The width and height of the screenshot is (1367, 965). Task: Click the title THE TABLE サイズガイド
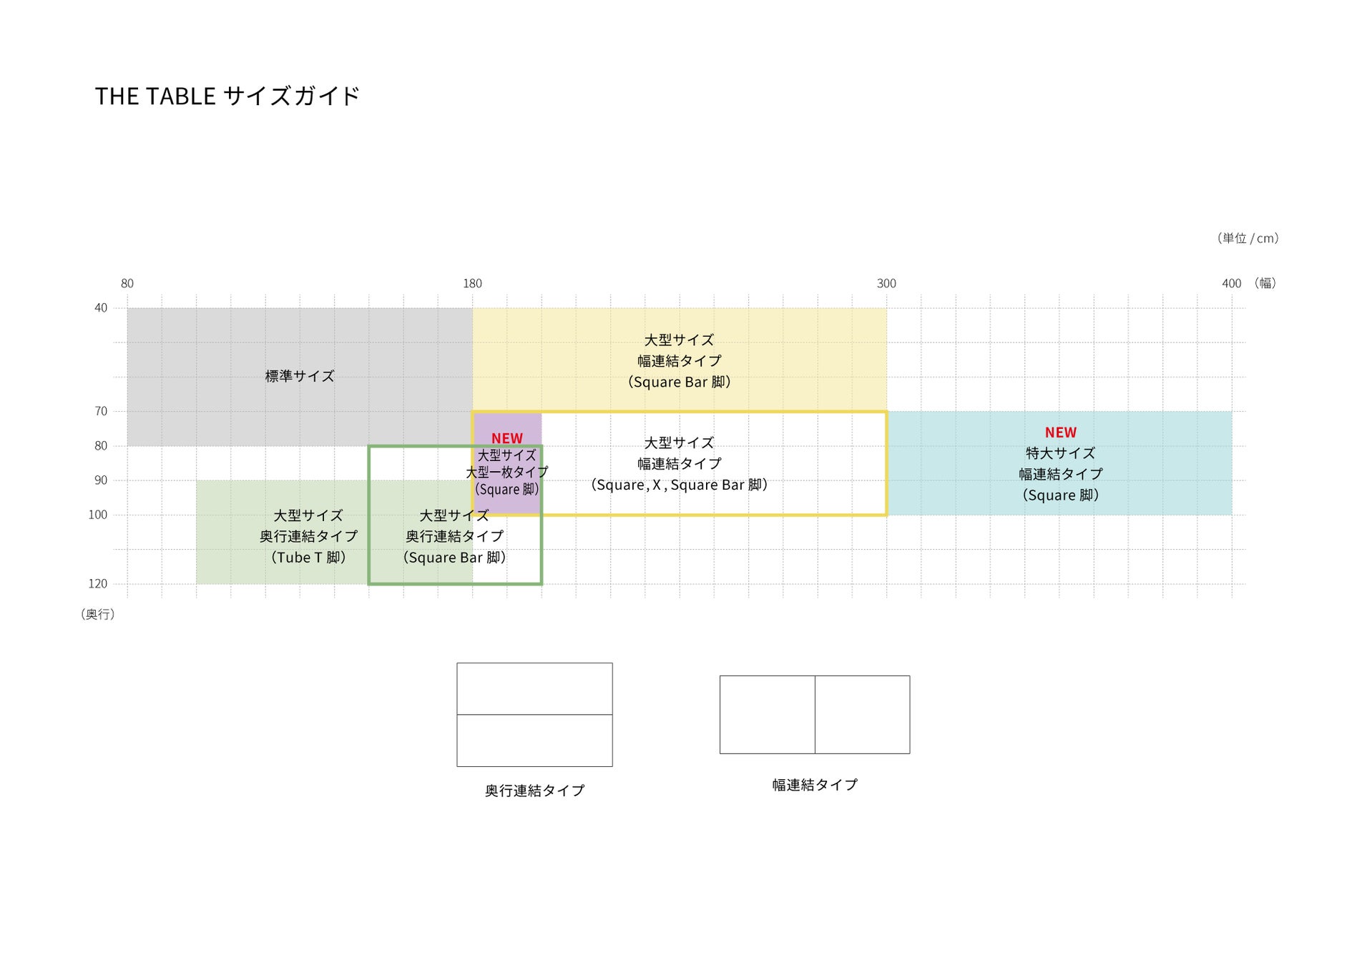pyautogui.click(x=227, y=96)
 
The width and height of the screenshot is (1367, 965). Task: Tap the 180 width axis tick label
pyautogui.click(x=472, y=284)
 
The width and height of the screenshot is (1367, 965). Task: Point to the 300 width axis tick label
pyautogui.click(x=886, y=284)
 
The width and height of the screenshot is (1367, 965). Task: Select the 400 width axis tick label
pyautogui.click(x=1231, y=284)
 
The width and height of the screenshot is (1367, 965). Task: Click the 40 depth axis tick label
pyautogui.click(x=101, y=308)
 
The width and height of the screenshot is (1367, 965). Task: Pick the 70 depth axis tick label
pyautogui.click(x=101, y=411)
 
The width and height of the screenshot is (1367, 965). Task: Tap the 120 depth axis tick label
pyautogui.click(x=98, y=584)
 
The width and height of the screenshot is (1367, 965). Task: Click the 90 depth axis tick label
pyautogui.click(x=101, y=480)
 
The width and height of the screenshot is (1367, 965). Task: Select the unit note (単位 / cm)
pyautogui.click(x=1248, y=238)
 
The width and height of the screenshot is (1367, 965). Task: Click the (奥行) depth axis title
pyautogui.click(x=98, y=614)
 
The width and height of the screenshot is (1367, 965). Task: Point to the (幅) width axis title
pyautogui.click(x=1265, y=283)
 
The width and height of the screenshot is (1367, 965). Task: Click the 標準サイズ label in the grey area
pyautogui.click(x=300, y=376)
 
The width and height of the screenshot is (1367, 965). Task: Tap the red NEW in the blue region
pyautogui.click(x=1060, y=432)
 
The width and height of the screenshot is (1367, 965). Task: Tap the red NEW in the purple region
pyautogui.click(x=506, y=438)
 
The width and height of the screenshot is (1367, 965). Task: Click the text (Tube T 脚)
pyautogui.click(x=308, y=558)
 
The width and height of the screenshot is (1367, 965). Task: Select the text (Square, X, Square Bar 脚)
pyautogui.click(x=679, y=485)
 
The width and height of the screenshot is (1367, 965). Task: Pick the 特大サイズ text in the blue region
pyautogui.click(x=1060, y=453)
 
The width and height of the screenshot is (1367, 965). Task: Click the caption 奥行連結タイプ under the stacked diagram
pyautogui.click(x=534, y=791)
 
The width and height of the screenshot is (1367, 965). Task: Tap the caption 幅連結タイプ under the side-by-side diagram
pyautogui.click(x=815, y=785)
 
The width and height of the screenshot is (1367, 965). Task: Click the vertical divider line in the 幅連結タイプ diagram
pyautogui.click(x=815, y=715)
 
